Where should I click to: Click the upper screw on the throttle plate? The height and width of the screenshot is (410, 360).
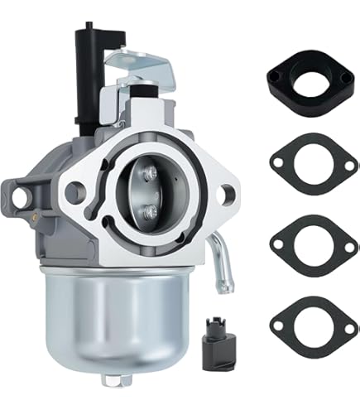(150, 173)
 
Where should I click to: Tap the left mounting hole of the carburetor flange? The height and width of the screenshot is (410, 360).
(76, 192)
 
